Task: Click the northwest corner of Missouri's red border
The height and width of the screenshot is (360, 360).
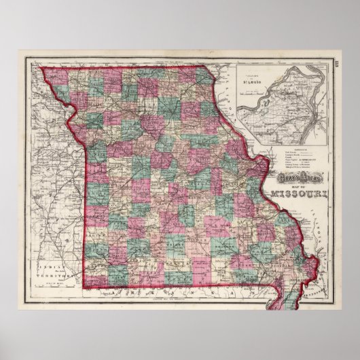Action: click(42, 67)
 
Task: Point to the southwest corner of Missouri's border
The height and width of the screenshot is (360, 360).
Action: click(86, 286)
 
